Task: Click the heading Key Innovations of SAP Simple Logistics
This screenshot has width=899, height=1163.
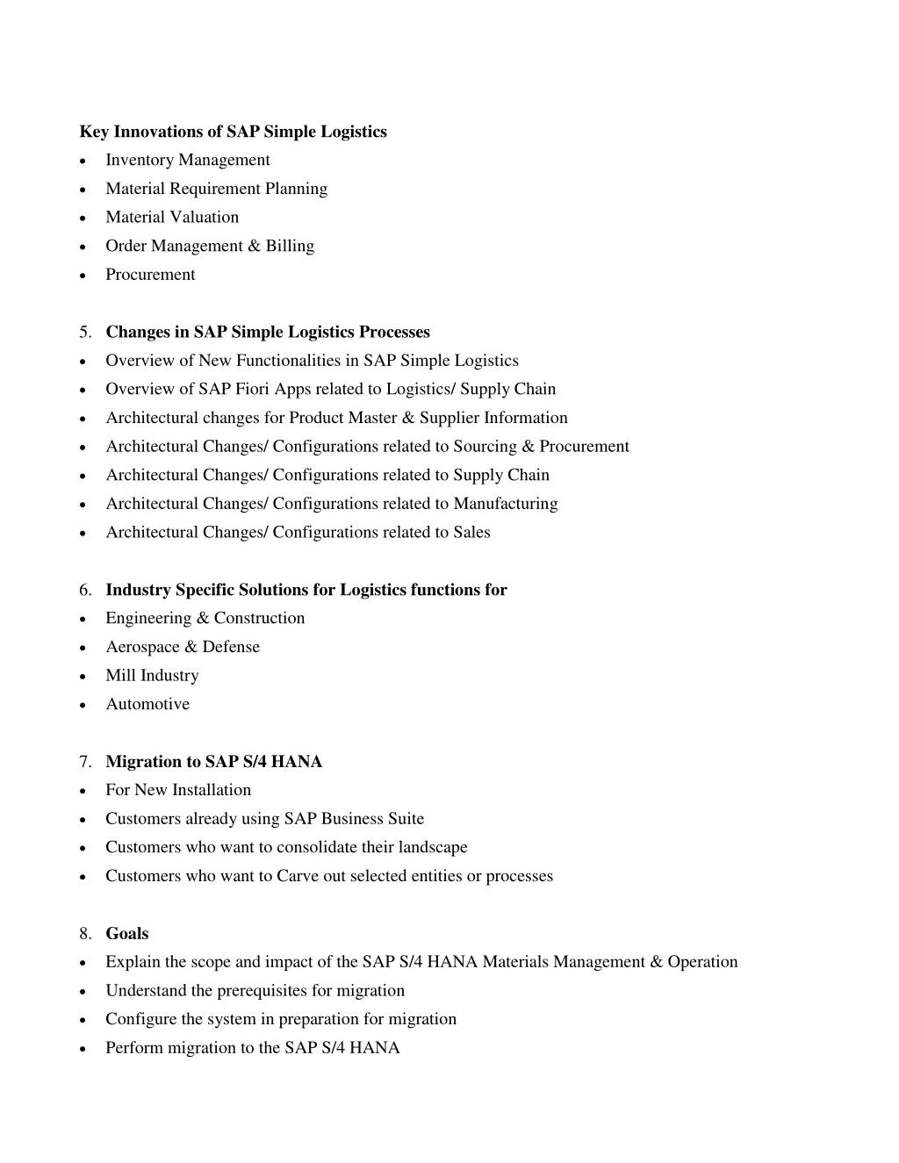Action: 233,132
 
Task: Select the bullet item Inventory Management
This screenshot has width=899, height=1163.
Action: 187,160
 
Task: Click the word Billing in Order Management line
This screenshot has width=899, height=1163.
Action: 290,246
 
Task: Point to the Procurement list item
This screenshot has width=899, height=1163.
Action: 150,275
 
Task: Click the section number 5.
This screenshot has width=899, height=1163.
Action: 84,332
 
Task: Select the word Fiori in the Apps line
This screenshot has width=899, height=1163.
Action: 251,389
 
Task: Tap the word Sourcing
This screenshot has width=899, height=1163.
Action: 485,447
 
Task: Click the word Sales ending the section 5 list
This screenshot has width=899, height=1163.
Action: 471,533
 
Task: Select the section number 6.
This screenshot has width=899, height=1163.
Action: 84,590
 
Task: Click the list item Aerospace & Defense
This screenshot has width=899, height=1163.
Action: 183,647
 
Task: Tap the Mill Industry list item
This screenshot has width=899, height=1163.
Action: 152,676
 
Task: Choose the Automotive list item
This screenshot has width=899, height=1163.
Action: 147,704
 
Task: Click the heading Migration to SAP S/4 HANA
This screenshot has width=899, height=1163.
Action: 213,762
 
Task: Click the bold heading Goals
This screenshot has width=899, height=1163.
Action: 126,934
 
